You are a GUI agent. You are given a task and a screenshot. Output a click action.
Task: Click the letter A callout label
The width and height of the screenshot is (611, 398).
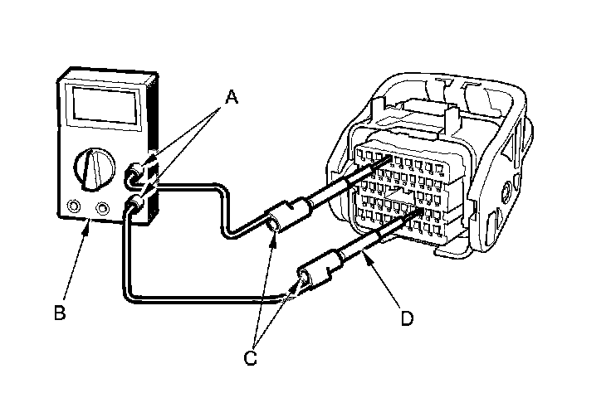232,98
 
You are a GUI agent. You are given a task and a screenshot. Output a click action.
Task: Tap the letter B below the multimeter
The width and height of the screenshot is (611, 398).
59,313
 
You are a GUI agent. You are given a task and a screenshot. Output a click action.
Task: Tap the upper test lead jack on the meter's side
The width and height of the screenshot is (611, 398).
133,175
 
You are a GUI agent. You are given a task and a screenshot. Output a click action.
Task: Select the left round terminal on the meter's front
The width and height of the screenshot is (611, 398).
75,206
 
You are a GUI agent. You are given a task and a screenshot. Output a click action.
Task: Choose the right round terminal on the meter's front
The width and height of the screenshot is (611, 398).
103,207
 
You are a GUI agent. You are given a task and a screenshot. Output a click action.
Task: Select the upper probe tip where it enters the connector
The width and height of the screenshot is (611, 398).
387,165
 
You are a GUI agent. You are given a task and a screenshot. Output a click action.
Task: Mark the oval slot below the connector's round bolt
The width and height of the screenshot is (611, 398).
491,224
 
